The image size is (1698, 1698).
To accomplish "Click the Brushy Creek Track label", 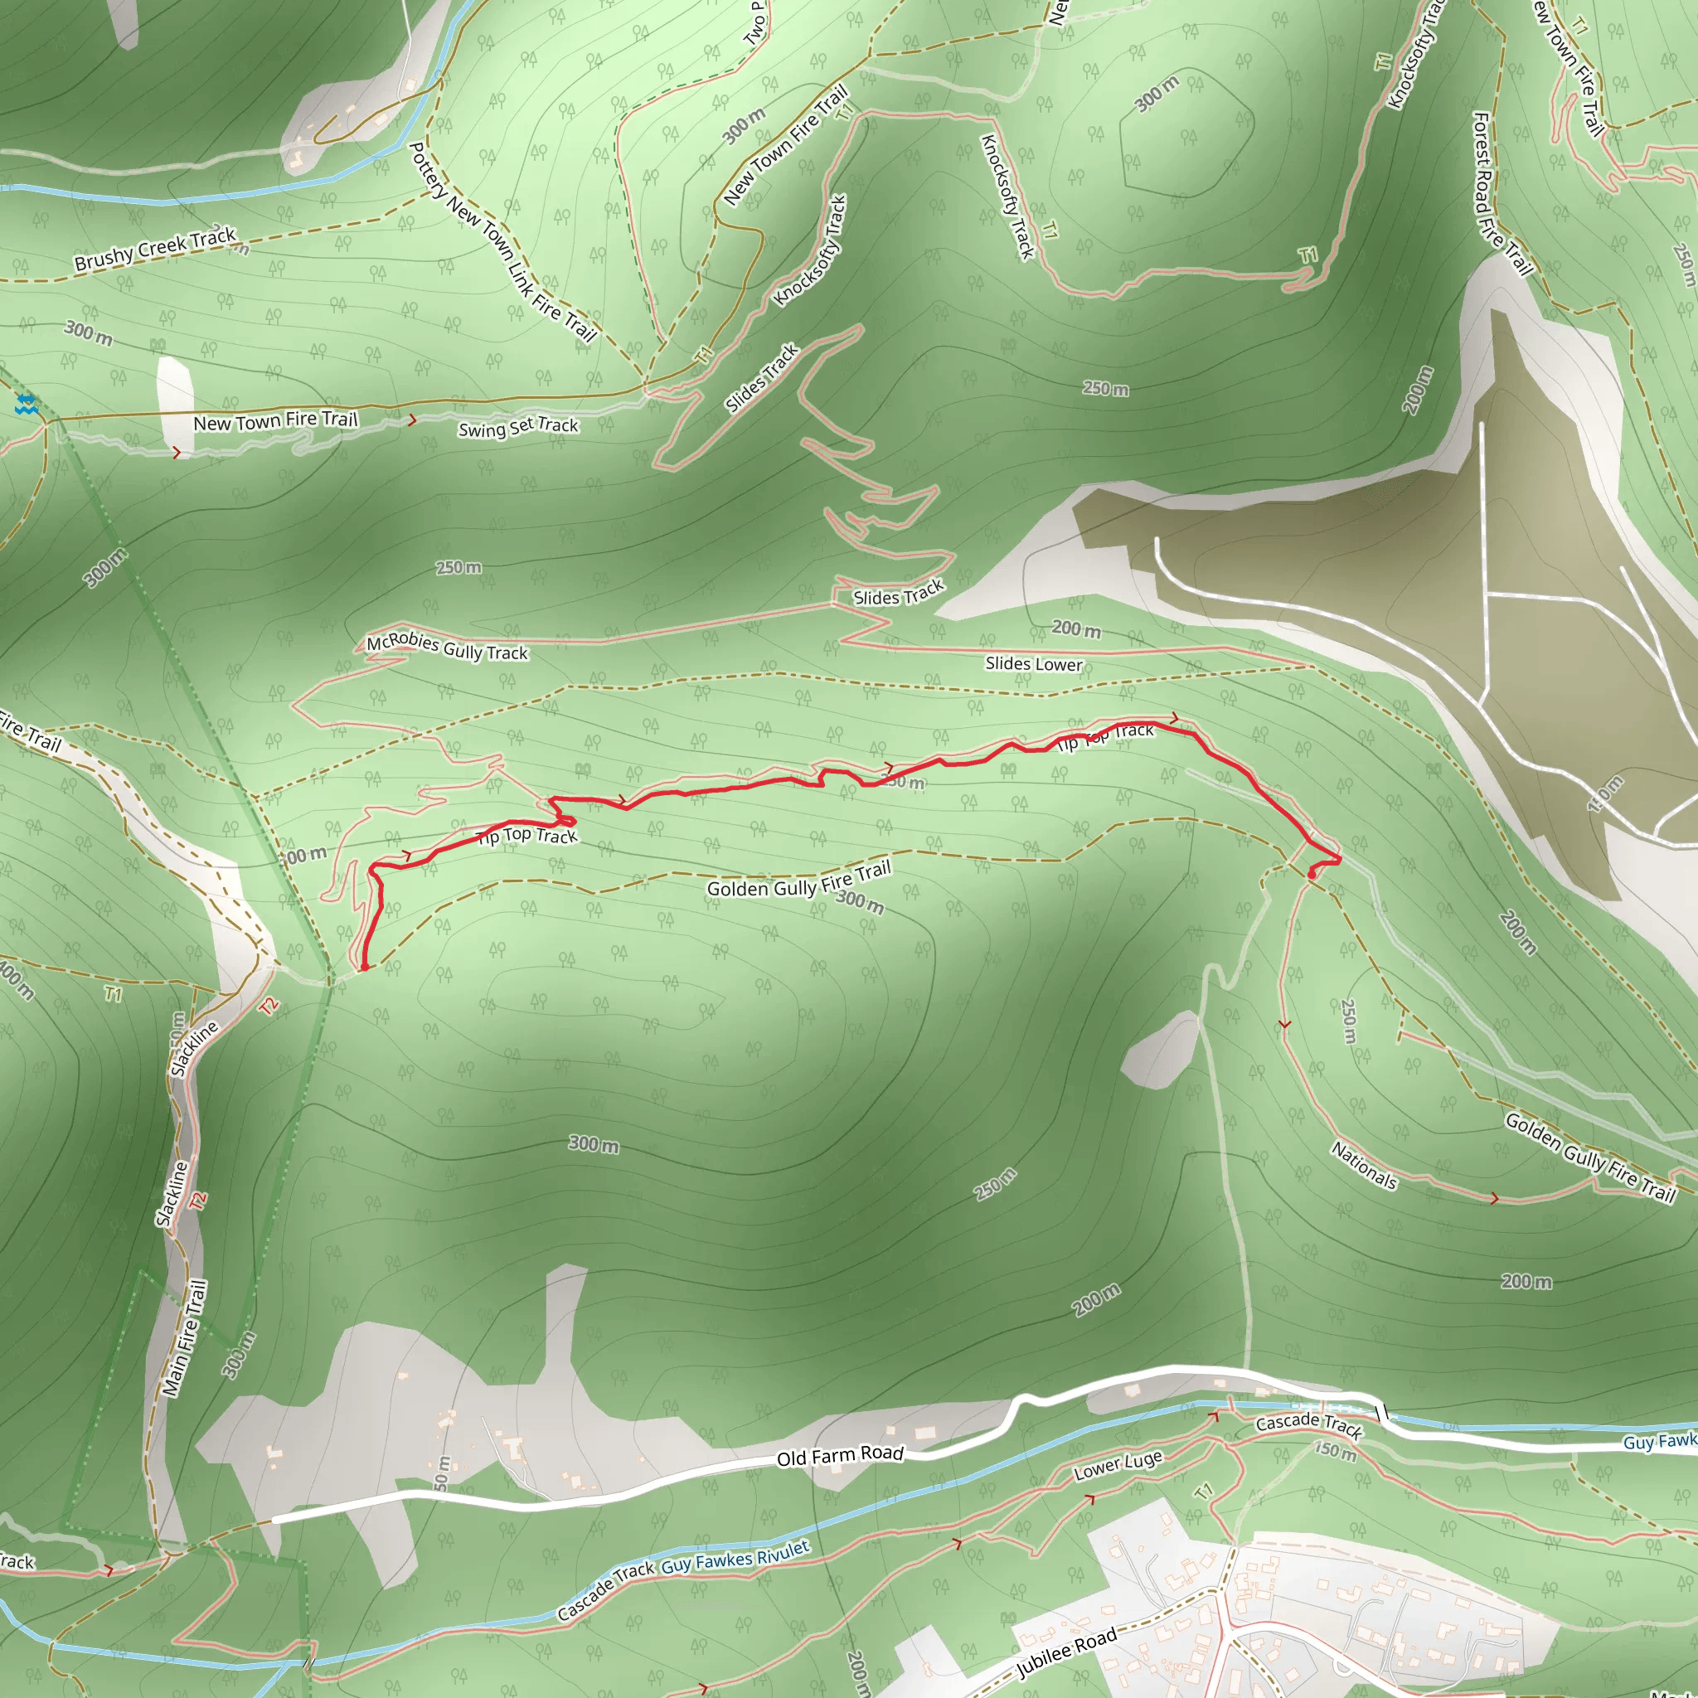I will [x=156, y=249].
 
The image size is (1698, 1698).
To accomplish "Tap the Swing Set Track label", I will [x=518, y=427].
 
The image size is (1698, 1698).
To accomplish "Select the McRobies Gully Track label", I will [x=447, y=647].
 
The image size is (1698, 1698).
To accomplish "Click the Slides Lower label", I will [x=1034, y=663].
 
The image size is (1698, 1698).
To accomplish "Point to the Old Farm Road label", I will [x=840, y=1455].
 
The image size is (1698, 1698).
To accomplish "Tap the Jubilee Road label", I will [x=1066, y=1653].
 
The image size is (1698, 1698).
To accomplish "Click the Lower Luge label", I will [x=1118, y=1465].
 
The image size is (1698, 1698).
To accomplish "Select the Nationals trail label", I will [x=1364, y=1166].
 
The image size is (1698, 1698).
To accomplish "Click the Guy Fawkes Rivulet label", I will [x=735, y=1558].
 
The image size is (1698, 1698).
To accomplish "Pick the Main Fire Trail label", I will [x=185, y=1337].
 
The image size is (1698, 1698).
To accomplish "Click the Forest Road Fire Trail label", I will [x=1502, y=193].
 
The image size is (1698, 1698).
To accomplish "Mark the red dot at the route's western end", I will [x=365, y=968].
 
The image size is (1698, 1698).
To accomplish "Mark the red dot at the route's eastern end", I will [x=1312, y=875].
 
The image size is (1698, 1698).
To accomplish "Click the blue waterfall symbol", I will [x=27, y=405].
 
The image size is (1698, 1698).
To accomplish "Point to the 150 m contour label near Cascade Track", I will [x=1335, y=1449].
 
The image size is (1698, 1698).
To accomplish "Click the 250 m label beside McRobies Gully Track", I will [x=458, y=568].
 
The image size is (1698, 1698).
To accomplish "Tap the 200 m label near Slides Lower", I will [x=1075, y=629].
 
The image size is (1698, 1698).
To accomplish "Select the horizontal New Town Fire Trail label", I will [x=275, y=421].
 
